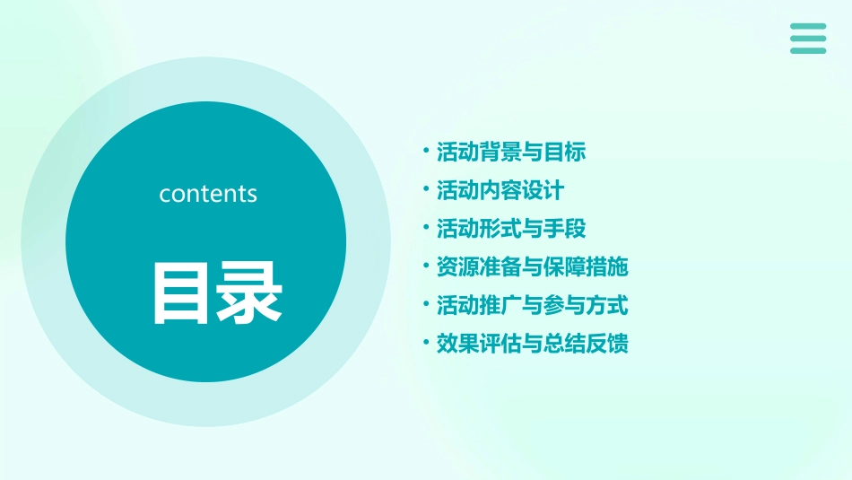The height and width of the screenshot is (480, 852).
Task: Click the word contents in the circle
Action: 208,194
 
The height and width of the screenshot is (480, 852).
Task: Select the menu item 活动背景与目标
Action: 510,152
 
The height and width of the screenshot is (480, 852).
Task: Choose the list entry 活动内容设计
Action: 500,190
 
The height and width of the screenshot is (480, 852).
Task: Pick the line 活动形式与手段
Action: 510,229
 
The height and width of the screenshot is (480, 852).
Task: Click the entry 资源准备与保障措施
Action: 532,267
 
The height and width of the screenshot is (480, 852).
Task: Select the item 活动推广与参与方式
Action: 532,306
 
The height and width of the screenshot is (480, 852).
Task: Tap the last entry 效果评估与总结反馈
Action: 532,345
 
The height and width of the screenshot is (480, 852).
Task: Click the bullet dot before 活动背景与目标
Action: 426,151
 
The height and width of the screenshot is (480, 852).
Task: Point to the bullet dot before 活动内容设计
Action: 426,189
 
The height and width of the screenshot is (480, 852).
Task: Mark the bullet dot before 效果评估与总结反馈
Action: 426,344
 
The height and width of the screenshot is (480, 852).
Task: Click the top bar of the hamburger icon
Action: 808,26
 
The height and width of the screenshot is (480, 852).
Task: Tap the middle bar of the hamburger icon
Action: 808,38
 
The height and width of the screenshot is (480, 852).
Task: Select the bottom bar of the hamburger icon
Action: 808,50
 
